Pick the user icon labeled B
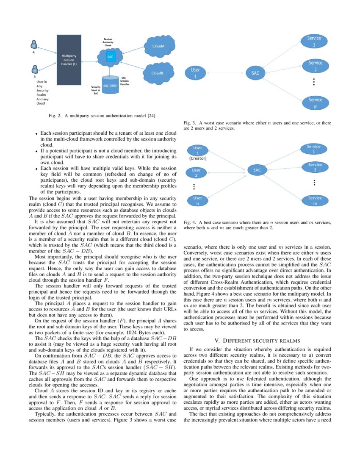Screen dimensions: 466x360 35,69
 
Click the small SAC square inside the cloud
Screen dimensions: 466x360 110,57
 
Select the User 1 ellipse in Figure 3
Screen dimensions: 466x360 196,73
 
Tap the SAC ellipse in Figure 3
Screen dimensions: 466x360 255,73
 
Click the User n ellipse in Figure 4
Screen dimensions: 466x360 197,200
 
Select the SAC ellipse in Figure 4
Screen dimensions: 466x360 257,170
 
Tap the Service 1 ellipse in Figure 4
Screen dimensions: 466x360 314,149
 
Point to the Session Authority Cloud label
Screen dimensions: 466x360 108,42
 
